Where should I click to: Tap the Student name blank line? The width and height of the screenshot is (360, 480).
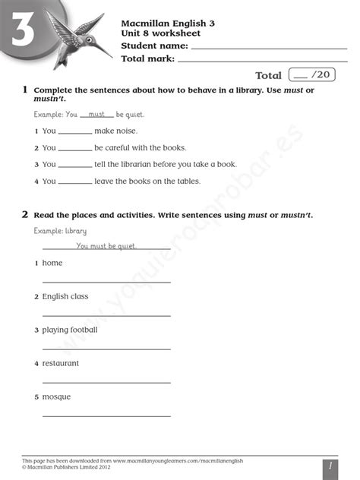tap(269, 48)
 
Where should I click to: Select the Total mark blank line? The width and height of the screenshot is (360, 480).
tap(262, 60)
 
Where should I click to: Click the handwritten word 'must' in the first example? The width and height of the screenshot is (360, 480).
tap(96, 114)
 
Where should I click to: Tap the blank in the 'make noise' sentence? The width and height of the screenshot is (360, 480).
tap(75, 132)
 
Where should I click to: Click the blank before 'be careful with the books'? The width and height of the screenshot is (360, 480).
tap(75, 149)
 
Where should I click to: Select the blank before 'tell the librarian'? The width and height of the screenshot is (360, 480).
tap(75, 165)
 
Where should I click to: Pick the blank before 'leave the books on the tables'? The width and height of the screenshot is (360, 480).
tap(75, 182)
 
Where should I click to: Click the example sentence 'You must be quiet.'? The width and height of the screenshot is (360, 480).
tap(106, 246)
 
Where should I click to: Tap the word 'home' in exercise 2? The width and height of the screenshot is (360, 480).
tap(52, 263)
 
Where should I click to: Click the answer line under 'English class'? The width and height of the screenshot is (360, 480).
tap(106, 314)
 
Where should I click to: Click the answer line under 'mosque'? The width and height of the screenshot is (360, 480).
tap(106, 415)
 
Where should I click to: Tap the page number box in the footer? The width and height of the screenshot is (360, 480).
tap(329, 467)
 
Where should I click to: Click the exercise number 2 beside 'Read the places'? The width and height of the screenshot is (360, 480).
tap(25, 215)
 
